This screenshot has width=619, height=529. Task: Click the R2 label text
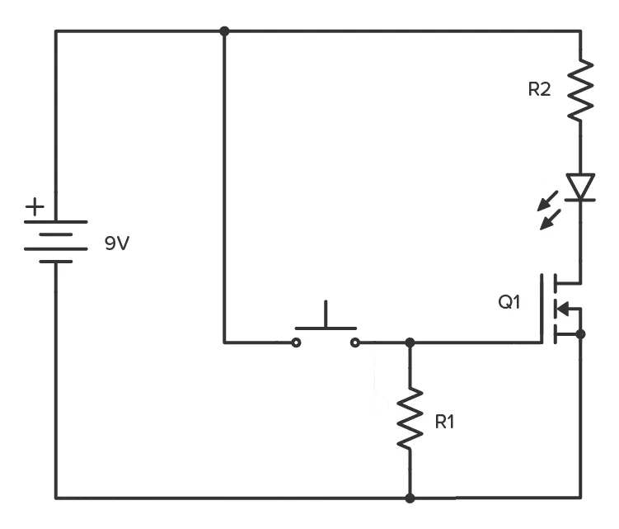coord(539,90)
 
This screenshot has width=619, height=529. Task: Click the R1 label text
coord(444,422)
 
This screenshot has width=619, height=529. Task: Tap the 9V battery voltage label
coord(117,243)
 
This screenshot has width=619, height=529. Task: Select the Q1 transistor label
coord(509,302)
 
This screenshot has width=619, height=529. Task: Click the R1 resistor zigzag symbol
coord(410,421)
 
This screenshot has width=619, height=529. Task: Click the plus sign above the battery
coord(35,205)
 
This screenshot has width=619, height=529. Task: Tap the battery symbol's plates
coord(55,241)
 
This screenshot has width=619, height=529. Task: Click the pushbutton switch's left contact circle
coord(296,342)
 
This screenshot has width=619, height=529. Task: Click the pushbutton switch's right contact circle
coord(355,342)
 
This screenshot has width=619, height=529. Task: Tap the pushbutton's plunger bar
coord(326,327)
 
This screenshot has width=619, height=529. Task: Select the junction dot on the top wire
coord(224,31)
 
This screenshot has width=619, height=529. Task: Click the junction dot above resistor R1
coord(410,342)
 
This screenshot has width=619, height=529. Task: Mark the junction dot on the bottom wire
coord(410,498)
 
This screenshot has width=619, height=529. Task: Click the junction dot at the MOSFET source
coord(580,333)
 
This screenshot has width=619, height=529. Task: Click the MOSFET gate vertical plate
coord(543,309)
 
